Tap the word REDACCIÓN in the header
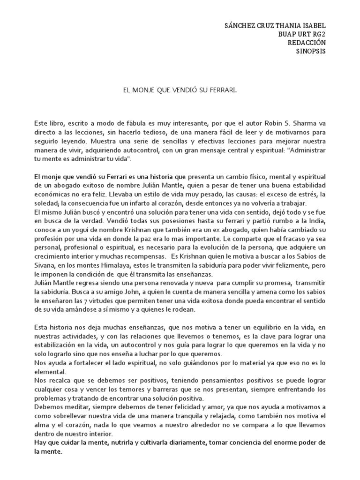pyautogui.click(x=307, y=43)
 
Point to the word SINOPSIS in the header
pyautogui.click(x=310, y=51)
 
